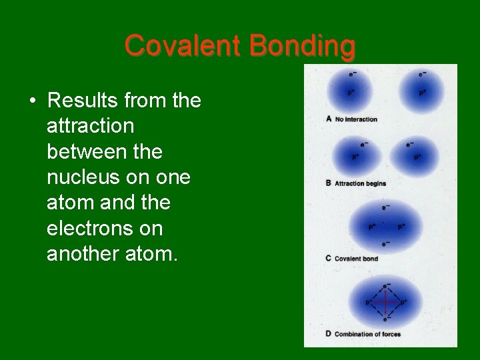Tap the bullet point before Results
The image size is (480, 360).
pos(32,101)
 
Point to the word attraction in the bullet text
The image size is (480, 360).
pos(90,126)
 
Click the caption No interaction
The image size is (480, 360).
pos(356,119)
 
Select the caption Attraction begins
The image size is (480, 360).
pos(360,183)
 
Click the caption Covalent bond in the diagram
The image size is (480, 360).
pos(356,259)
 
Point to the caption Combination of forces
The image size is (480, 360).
pos(367,334)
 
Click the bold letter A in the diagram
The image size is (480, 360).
pos(329,119)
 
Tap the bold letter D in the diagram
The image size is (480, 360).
pos(329,334)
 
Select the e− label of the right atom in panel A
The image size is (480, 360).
pos(423,74)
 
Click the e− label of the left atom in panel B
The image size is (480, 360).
pos(364,144)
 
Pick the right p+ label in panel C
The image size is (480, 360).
pos(401,227)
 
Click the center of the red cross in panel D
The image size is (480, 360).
pos(385,303)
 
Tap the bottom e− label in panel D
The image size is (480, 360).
pos(386,319)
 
